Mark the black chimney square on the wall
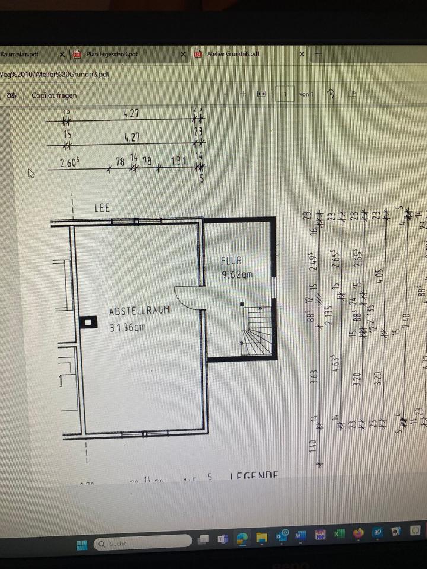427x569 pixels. tap(88, 322)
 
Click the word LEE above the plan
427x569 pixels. tap(102, 209)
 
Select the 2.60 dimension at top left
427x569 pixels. tap(69, 162)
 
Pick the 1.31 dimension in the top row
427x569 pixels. tap(179, 161)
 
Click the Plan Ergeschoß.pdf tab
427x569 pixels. tap(112, 54)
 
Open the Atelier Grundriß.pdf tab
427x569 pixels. tap(233, 54)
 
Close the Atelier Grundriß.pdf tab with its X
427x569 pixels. tap(302, 54)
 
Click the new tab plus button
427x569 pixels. tap(318, 53)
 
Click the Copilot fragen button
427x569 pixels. tap(54, 95)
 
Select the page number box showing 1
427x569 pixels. tap(286, 94)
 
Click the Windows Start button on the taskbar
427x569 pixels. tap(82, 544)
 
